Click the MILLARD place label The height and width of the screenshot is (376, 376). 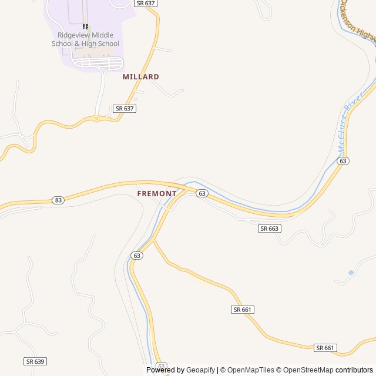coord(140,77)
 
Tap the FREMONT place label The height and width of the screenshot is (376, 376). coord(157,193)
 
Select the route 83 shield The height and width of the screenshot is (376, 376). coord(58,200)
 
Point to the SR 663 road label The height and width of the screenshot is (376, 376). coord(269,228)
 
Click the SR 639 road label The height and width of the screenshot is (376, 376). coord(35,361)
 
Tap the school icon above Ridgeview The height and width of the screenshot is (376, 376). coord(86,26)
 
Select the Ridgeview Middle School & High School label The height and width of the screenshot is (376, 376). coord(85,39)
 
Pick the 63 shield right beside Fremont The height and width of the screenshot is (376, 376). coord(202,193)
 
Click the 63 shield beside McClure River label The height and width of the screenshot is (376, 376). coord(344,160)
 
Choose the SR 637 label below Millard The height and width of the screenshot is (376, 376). coord(125,109)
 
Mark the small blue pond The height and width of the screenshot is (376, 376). coord(351,273)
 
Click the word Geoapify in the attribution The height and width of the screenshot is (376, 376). coord(201,370)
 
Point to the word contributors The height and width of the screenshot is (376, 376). coord(354,370)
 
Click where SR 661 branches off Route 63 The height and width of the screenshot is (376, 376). coord(154,239)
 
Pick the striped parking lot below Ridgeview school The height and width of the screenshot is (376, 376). coord(99,62)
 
